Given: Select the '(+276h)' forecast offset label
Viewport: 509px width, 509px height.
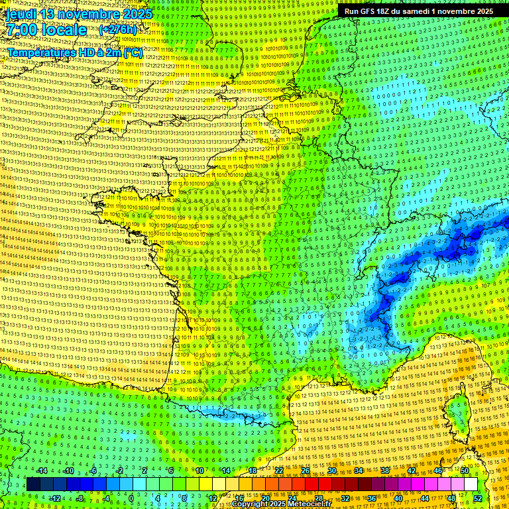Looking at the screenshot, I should point(120,30).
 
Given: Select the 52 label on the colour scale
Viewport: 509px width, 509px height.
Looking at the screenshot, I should point(478,498).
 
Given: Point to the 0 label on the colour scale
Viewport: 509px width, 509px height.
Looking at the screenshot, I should point(131,498).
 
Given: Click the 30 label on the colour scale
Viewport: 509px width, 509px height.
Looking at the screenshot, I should point(332,471).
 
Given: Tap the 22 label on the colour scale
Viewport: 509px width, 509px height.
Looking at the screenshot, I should point(279,471).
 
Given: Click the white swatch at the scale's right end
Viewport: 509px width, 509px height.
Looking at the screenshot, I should point(471,484).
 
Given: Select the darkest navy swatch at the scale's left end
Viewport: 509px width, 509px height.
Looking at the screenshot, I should point(33,484).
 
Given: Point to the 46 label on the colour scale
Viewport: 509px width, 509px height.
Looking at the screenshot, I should point(438,471).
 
